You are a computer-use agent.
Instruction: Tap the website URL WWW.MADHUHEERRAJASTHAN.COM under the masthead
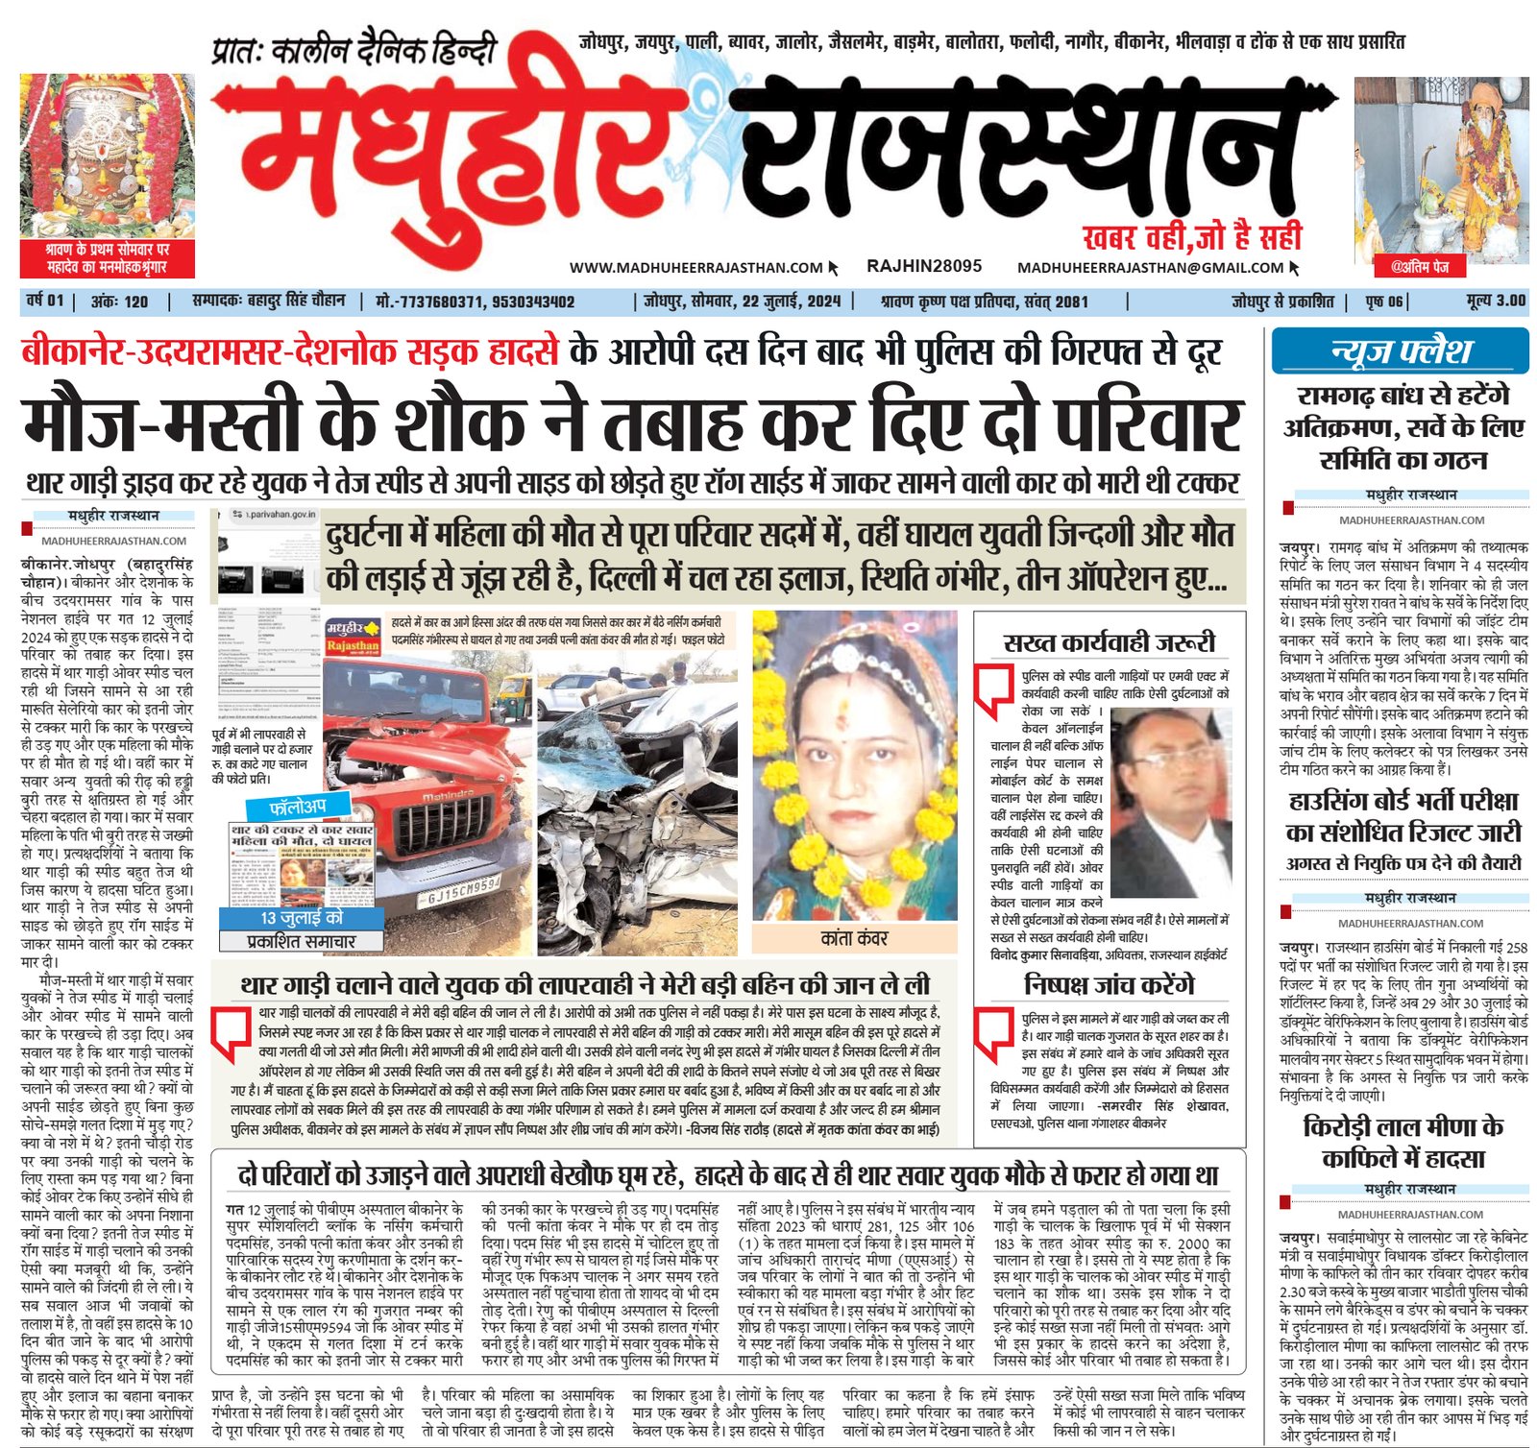point(695,268)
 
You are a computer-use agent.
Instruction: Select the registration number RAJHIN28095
point(923,266)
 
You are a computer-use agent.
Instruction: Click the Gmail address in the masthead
point(1150,268)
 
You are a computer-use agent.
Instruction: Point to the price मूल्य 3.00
point(1496,302)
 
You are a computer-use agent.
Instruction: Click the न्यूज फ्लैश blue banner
point(1400,351)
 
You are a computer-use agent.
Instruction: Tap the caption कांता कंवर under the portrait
point(854,938)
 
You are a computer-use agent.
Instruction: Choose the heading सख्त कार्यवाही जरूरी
point(1109,642)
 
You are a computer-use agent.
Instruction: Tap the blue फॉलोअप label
point(297,807)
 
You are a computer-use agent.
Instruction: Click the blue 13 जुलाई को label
point(301,918)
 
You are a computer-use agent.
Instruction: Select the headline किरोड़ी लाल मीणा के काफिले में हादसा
point(1403,1142)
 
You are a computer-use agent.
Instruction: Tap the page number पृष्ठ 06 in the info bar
point(1384,302)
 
